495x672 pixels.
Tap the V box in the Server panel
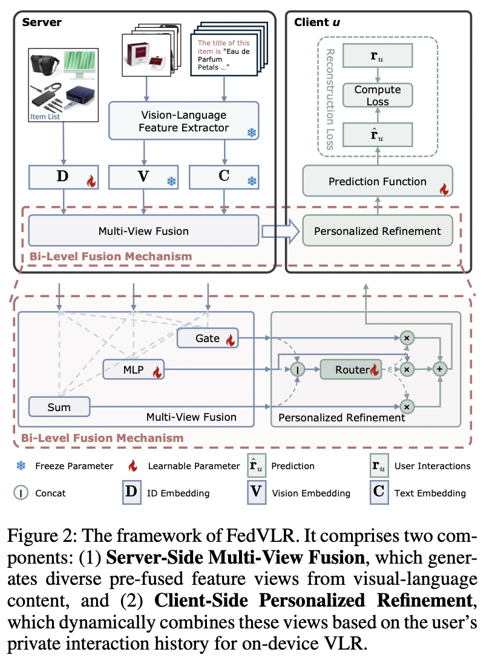[144, 177]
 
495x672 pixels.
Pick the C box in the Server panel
[225, 177]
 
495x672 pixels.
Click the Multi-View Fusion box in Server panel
[143, 231]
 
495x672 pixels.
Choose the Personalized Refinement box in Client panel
[378, 231]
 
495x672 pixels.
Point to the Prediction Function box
[378, 181]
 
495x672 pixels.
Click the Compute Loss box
[378, 96]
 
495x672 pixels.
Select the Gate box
[208, 338]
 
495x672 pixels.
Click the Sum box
[59, 407]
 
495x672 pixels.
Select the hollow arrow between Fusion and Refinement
[281, 231]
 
